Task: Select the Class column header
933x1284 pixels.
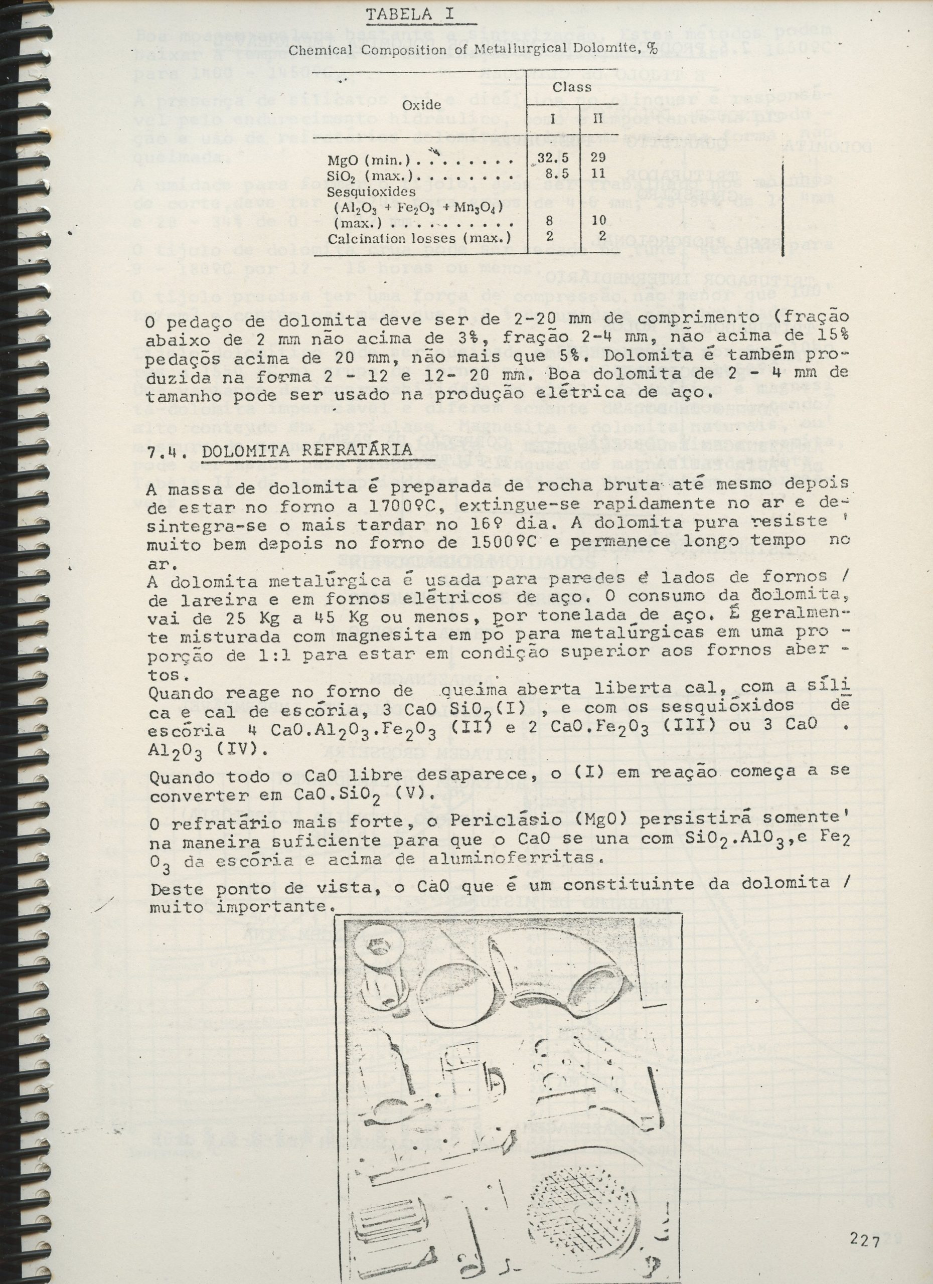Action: tap(572, 87)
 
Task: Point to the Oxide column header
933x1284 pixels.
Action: tap(421, 105)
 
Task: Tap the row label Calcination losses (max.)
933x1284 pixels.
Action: tap(419, 238)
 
